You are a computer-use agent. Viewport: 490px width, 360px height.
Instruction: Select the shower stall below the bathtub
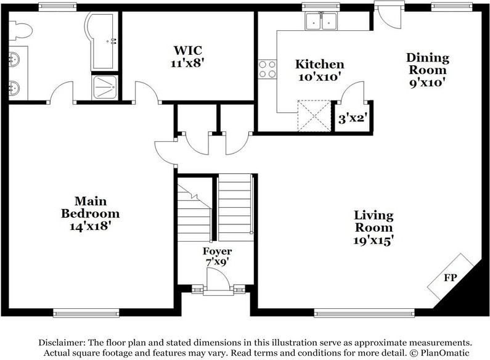coord(105,87)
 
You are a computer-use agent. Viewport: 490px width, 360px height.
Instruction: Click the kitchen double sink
coord(321,21)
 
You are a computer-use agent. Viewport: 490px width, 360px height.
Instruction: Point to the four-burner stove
coord(267,69)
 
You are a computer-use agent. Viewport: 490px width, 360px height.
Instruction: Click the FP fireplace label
coord(451,277)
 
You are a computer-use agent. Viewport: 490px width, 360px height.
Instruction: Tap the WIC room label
coord(188,50)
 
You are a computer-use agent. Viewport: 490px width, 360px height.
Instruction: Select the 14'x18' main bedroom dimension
coord(91,226)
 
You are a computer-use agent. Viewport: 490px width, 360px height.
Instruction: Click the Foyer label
coord(217,251)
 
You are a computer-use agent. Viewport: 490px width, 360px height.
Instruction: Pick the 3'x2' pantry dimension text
coord(352,118)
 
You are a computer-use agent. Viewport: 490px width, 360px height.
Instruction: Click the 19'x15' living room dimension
coord(374,240)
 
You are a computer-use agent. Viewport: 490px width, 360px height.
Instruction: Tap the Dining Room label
coord(428,63)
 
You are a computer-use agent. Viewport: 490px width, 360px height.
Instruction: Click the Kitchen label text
coord(320,64)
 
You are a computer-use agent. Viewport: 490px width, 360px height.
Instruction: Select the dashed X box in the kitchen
coord(314,116)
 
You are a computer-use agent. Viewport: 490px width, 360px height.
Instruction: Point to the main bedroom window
coord(86,313)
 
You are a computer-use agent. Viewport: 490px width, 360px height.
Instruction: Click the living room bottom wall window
coord(364,313)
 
